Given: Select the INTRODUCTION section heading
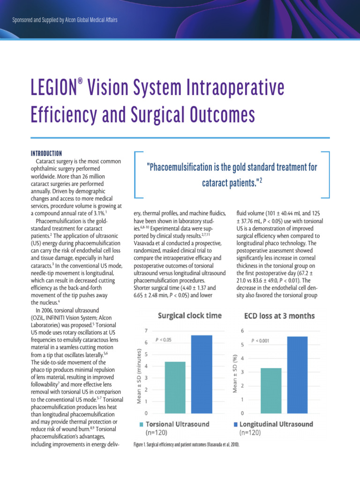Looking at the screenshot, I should click(x=46, y=154).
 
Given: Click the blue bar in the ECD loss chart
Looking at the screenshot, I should click(x=297, y=375).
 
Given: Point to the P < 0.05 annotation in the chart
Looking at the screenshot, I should click(x=163, y=339).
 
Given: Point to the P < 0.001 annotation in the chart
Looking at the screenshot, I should click(x=261, y=341).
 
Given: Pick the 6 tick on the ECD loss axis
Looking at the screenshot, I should click(x=242, y=330).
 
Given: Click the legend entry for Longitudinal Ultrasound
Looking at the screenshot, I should click(x=276, y=424).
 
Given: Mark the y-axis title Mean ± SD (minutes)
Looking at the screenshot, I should click(x=139, y=372).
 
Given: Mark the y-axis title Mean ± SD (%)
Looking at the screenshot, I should click(x=235, y=372).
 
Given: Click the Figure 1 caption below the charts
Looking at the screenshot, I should click(x=187, y=444).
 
